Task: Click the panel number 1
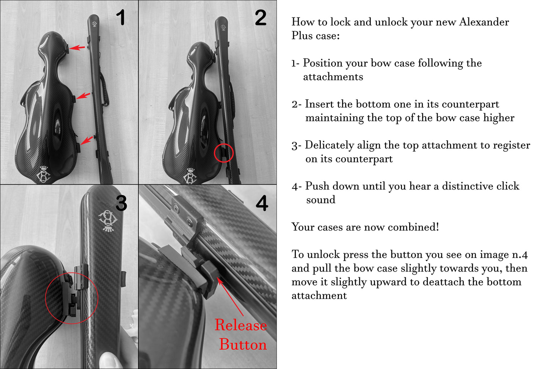pos(121,17)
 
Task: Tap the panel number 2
pos(260,17)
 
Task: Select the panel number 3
pos(121,203)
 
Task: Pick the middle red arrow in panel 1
pos(83,96)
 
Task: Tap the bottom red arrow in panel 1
pos(87,140)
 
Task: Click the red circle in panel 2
pos(224,144)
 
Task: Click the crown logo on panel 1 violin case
pos(43,174)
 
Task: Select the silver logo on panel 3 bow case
pos(108,220)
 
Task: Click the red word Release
pos(241,325)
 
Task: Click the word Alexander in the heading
pos(484,22)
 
